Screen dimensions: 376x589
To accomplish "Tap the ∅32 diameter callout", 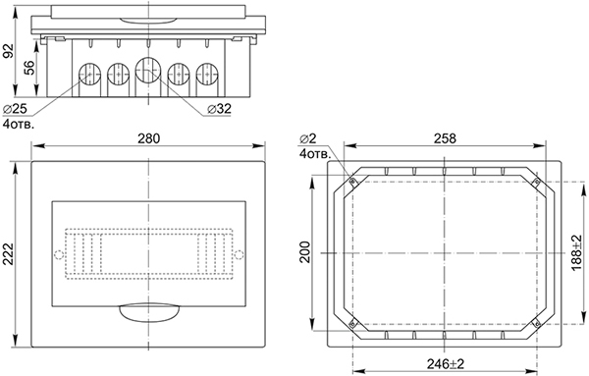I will pyautogui.click(x=220, y=108).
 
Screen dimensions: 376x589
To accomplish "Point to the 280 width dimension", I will pyautogui.click(x=147, y=138).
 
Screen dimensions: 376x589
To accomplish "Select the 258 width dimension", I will pyautogui.click(x=444, y=138).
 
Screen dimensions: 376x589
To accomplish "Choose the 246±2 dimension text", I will pyautogui.click(x=444, y=362).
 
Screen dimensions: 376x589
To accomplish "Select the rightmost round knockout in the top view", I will pyautogui.click(x=208, y=74).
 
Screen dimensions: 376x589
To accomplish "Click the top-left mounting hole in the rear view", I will pyautogui.click(x=352, y=182).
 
